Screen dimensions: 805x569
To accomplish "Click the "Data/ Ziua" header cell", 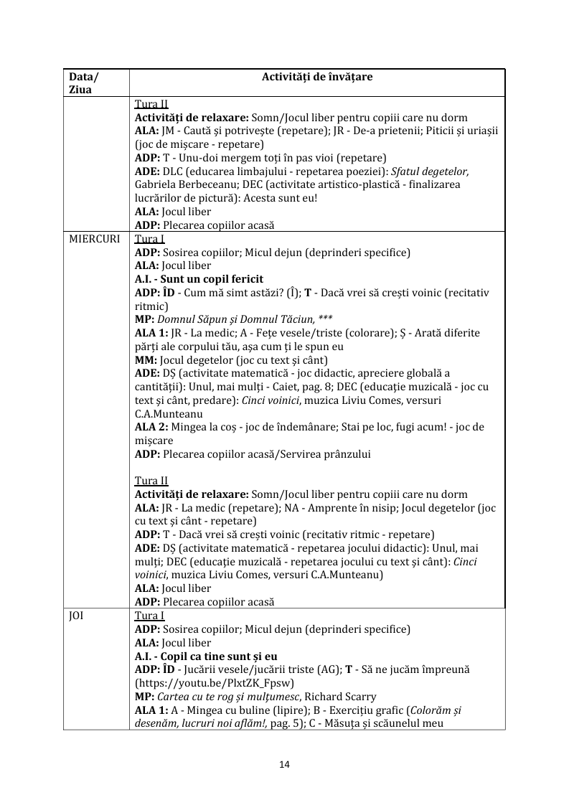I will point(84,83).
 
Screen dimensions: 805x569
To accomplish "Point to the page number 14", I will point(284,765).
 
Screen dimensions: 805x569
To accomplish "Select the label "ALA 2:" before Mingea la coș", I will point(151,427).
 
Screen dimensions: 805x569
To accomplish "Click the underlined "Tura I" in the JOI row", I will point(150,616).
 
